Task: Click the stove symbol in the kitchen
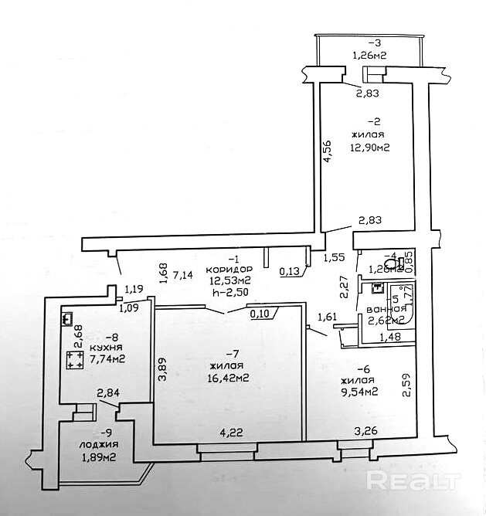(75, 358)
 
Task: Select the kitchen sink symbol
(67, 317)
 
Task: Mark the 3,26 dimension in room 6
(366, 430)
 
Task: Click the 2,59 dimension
(406, 385)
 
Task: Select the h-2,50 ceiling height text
(227, 292)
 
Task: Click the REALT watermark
(418, 480)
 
